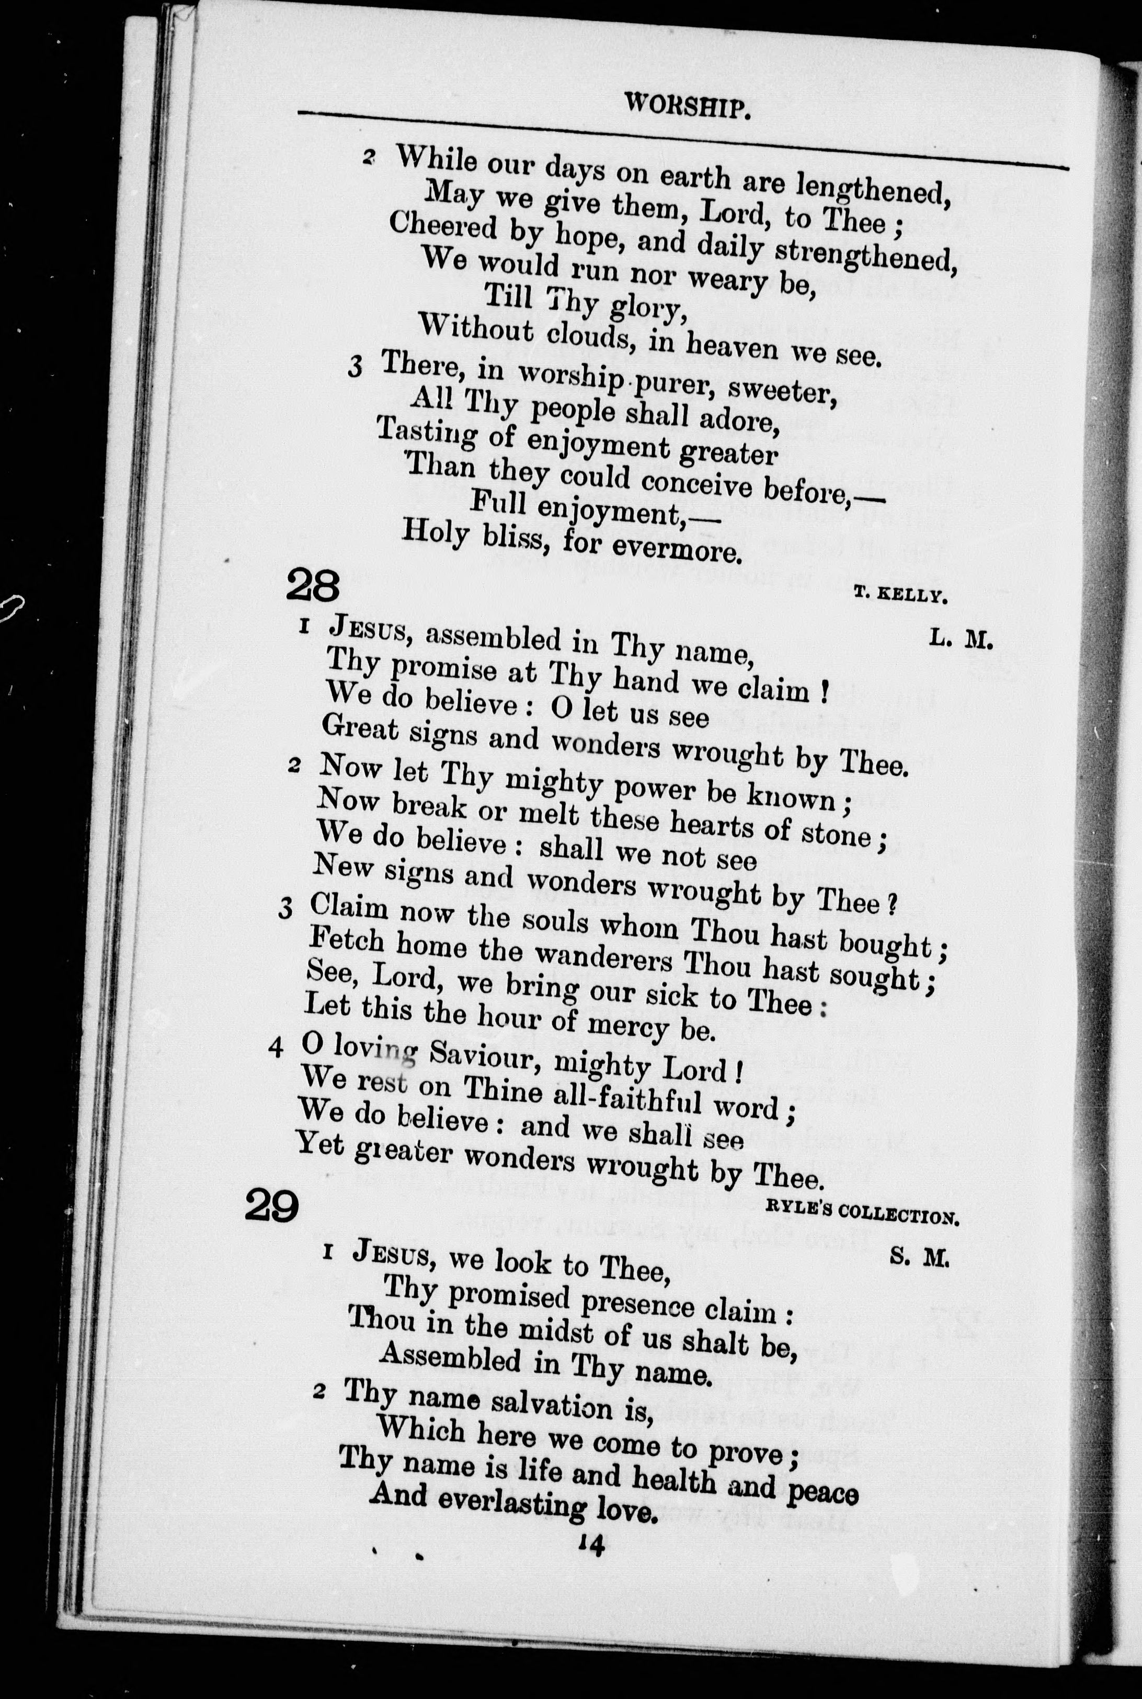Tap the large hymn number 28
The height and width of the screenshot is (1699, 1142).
313,586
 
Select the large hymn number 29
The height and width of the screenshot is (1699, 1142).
272,1206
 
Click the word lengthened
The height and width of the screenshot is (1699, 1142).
873,191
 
